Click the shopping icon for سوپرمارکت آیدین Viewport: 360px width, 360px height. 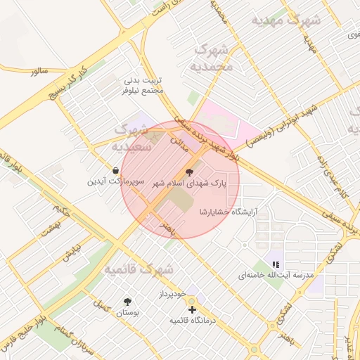pos(115,170)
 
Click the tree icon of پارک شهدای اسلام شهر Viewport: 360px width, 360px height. pos(189,172)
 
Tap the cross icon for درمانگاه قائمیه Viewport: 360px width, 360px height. pos(191,309)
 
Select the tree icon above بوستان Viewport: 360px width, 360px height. pos(127,301)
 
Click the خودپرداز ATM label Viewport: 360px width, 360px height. pos(171,292)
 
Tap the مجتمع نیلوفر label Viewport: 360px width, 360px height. pos(143,91)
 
